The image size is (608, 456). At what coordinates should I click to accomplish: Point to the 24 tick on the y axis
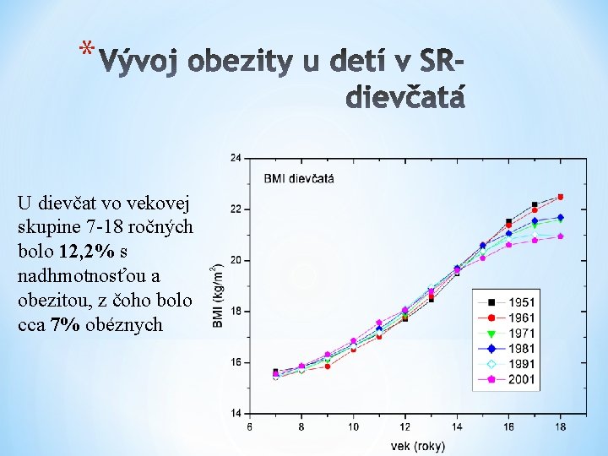(x=235, y=158)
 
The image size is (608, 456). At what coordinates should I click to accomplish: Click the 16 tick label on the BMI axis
(x=235, y=362)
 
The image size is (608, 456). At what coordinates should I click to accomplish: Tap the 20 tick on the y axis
(x=235, y=260)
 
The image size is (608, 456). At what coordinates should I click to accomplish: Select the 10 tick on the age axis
(x=353, y=427)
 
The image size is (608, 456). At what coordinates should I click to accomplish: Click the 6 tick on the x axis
(x=249, y=427)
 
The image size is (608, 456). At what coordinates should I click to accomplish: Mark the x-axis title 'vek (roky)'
(x=417, y=445)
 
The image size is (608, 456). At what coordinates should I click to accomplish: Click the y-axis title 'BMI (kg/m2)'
(x=218, y=285)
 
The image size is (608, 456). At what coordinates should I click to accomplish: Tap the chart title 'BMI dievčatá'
(x=299, y=178)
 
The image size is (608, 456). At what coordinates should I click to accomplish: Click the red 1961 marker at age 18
(x=561, y=197)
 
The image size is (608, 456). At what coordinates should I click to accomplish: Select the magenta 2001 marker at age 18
(x=561, y=236)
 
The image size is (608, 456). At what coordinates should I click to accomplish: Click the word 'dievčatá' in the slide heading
(x=405, y=99)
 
